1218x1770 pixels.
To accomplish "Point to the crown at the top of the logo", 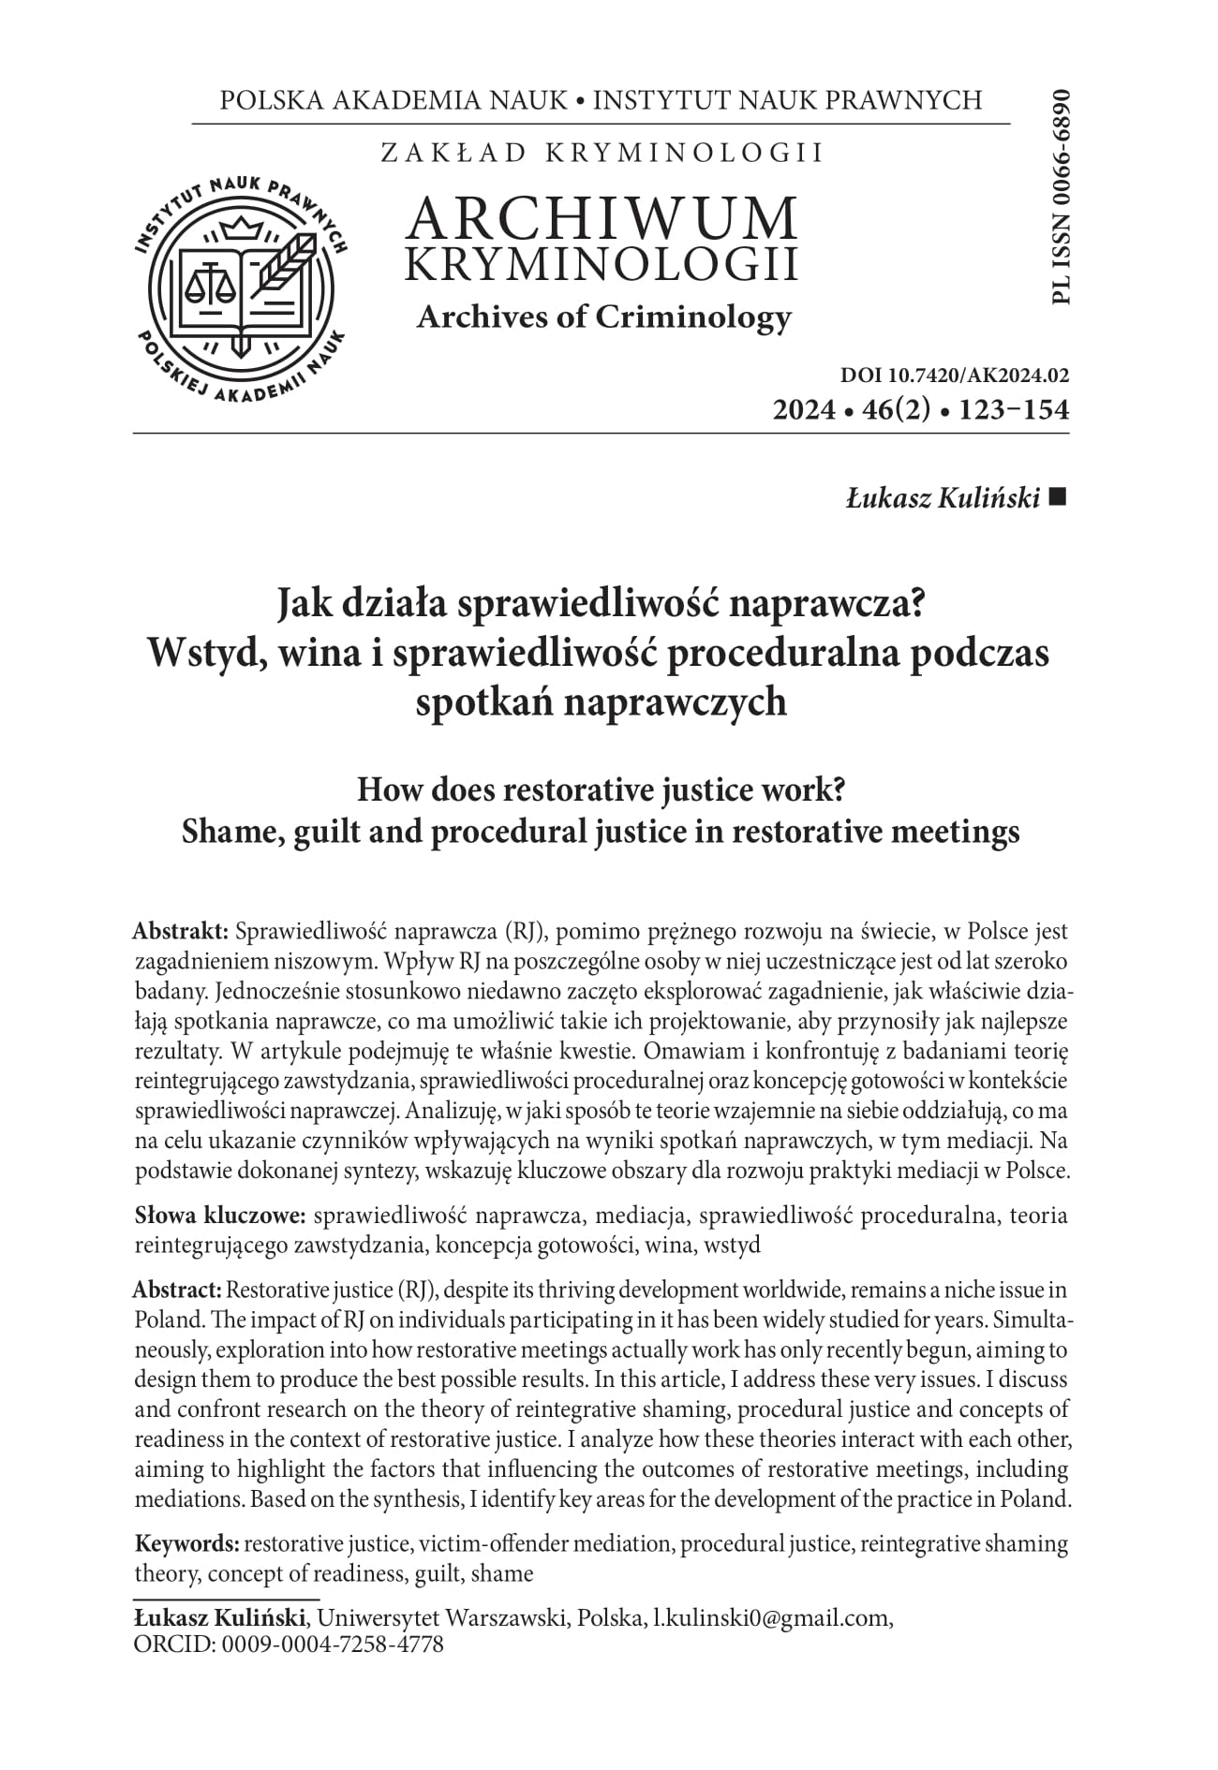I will click(242, 229).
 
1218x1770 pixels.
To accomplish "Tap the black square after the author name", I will click(1059, 498).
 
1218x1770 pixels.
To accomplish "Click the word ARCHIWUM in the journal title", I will click(602, 218).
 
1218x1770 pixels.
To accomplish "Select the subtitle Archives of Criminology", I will click(603, 317).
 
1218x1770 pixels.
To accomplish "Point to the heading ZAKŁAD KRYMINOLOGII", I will click(602, 153).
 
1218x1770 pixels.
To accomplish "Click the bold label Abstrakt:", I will click(182, 932).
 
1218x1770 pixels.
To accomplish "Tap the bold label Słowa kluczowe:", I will click(221, 1216).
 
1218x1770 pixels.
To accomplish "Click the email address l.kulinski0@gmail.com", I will click(772, 1617).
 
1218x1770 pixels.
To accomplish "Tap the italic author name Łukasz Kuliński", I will click(943, 499).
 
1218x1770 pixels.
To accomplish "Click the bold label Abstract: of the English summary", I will click(178, 1290).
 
